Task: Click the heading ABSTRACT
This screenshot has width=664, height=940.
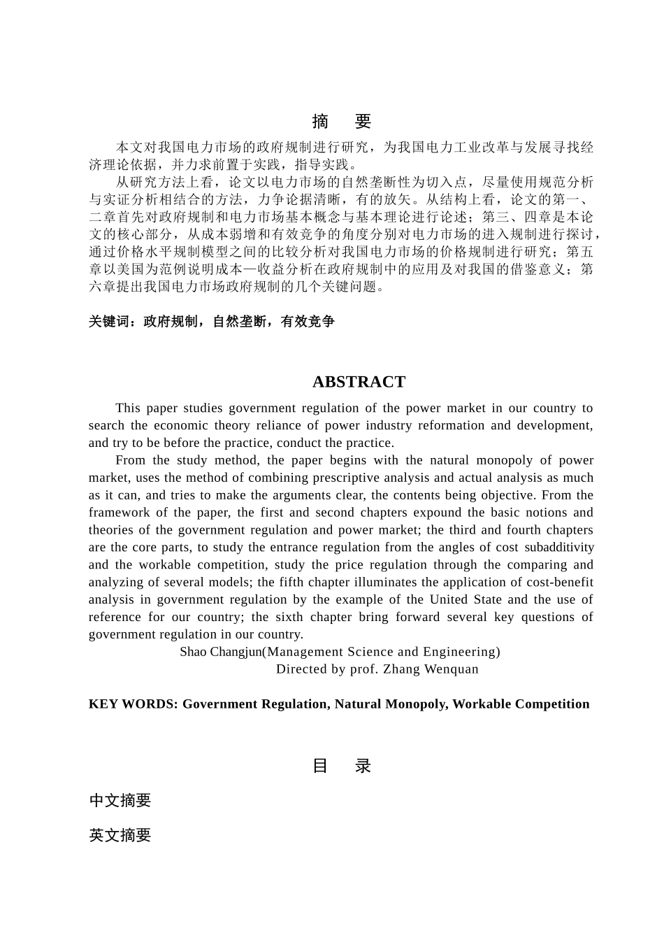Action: click(x=359, y=382)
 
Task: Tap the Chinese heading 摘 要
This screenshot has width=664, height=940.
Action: click(x=341, y=122)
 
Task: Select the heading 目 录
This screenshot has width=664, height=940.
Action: click(x=341, y=766)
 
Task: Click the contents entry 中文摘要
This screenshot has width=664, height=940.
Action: click(x=120, y=801)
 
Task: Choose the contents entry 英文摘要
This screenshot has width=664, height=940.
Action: click(x=120, y=835)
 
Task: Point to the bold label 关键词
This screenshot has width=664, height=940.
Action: click(x=109, y=322)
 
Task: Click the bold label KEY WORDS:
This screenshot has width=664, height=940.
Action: click(x=133, y=704)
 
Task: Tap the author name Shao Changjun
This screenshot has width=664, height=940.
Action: click(x=220, y=652)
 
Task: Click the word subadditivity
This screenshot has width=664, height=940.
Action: click(x=559, y=548)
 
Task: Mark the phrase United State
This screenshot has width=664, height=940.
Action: click(x=465, y=599)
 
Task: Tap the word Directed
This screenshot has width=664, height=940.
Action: click(x=302, y=669)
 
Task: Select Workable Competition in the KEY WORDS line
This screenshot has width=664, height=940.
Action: click(x=521, y=704)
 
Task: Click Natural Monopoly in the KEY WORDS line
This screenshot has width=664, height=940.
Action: click(x=391, y=704)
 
